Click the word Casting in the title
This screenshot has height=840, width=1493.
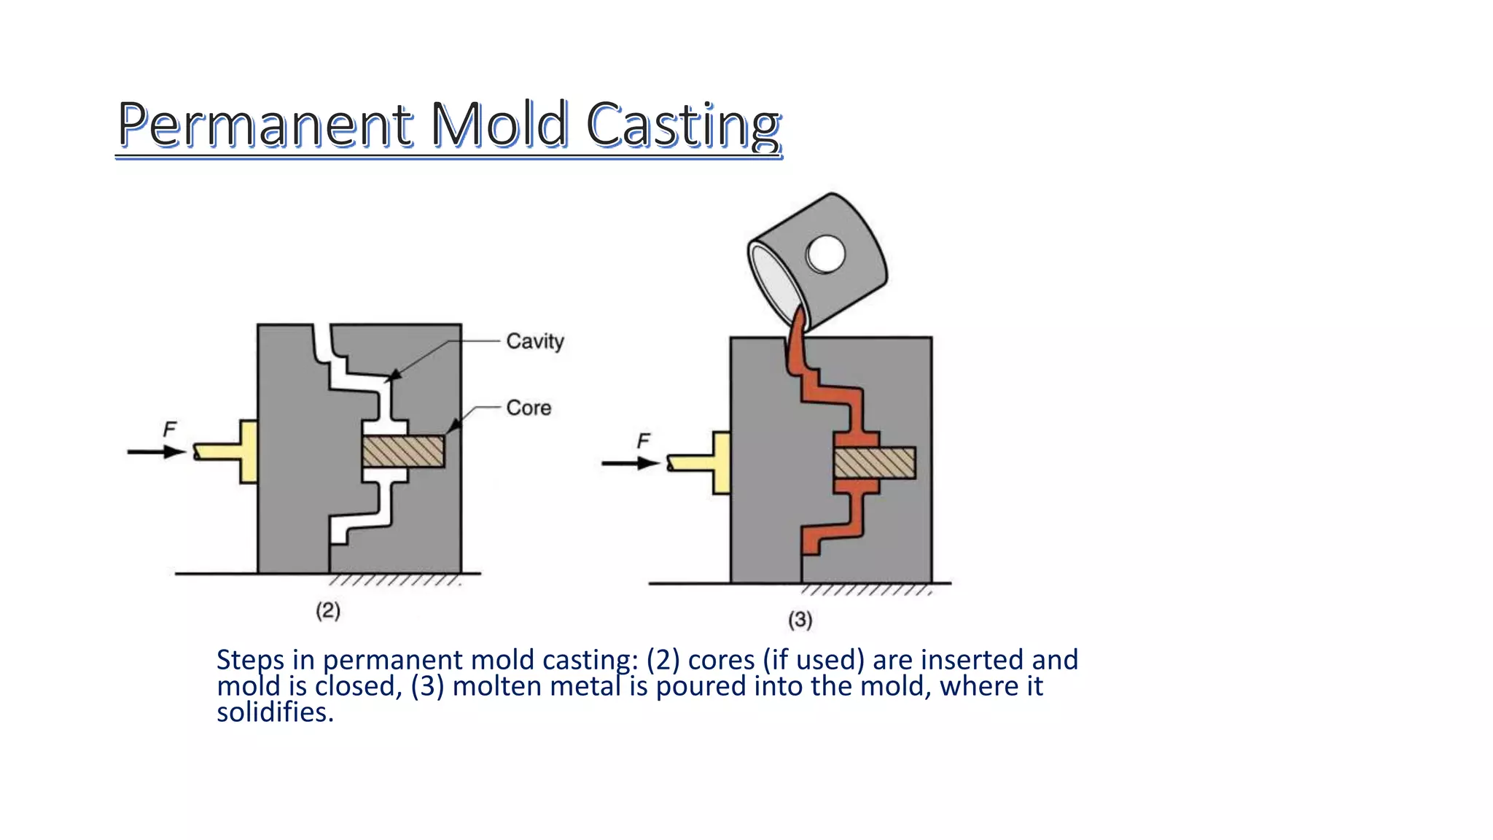point(683,124)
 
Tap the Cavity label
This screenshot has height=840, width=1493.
point(535,341)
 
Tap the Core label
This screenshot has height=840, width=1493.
point(529,408)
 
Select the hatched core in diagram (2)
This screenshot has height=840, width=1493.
point(403,451)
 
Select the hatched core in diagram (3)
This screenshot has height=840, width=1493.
point(874,463)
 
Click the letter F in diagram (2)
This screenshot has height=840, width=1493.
point(170,429)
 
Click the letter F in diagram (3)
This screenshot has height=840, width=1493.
point(643,441)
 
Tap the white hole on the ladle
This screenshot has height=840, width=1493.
point(826,254)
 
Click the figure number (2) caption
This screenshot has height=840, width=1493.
point(328,610)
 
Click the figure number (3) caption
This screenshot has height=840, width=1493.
point(800,620)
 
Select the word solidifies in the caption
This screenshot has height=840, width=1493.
point(275,712)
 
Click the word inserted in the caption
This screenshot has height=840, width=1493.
point(972,660)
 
